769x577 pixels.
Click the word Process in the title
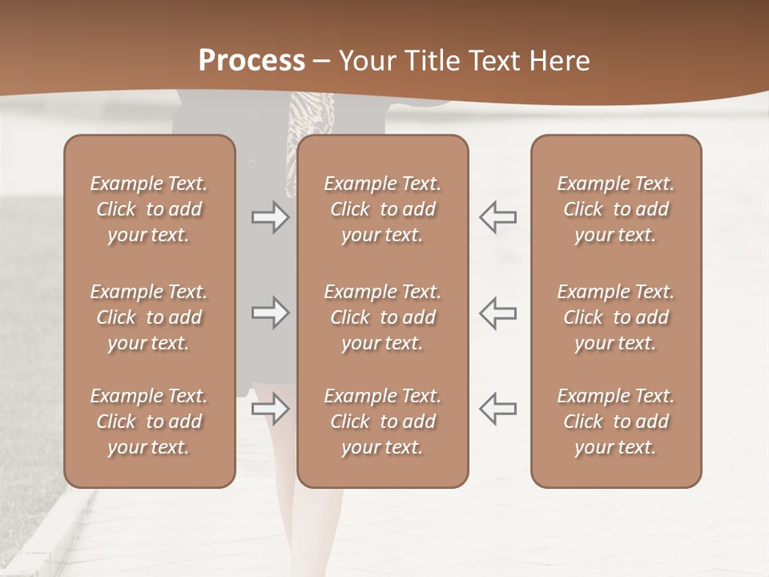tap(252, 61)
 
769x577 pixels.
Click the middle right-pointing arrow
tap(271, 312)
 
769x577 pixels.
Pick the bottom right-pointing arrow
tap(271, 409)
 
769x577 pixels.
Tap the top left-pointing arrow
tap(497, 217)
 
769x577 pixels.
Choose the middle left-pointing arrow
tap(497, 312)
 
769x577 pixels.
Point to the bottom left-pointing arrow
tap(497, 408)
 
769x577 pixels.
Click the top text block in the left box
tap(149, 209)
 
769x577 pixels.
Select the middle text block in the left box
tap(149, 317)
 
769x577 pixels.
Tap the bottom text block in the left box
tap(149, 422)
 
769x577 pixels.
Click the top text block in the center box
tap(382, 209)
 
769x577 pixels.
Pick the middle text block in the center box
tap(382, 317)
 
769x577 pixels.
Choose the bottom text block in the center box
tap(382, 422)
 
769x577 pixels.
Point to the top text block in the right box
tap(616, 209)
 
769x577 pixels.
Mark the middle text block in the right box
tap(616, 317)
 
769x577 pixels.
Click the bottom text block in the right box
tap(616, 422)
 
